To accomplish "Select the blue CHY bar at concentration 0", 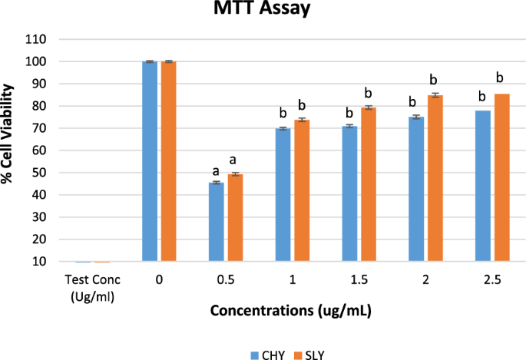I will pyautogui.click(x=150, y=161).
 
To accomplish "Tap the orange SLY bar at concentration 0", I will pyautogui.click(x=168, y=161).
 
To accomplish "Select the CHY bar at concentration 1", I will pyautogui.click(x=283, y=195).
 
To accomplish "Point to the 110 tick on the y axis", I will pyautogui.click(x=37, y=39).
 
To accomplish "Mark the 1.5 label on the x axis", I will pyautogui.click(x=359, y=281).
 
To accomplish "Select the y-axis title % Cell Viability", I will pyautogui.click(x=11, y=150).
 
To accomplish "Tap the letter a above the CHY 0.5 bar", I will pyautogui.click(x=216, y=170).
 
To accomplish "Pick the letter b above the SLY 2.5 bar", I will pyautogui.click(x=501, y=78).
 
